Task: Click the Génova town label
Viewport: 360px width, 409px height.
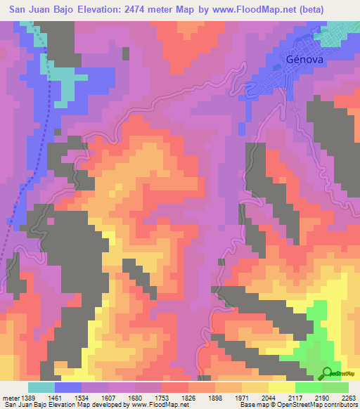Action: pyautogui.click(x=304, y=60)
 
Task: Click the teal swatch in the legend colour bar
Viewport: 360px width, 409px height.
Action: pyautogui.click(x=41, y=387)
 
